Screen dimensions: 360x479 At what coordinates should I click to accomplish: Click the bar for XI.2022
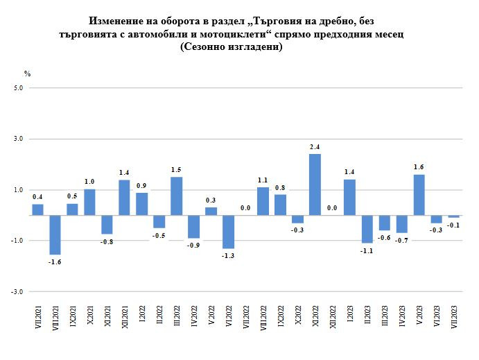coord(315,185)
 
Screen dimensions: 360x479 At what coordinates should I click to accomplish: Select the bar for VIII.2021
coord(55,235)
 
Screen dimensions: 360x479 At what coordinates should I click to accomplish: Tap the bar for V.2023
coord(419,195)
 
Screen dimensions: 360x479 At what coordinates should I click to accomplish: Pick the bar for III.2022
coord(176,196)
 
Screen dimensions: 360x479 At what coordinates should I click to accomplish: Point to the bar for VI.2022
coord(228,232)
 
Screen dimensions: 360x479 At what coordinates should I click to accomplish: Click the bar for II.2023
coord(367,229)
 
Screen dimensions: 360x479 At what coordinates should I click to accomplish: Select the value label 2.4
coord(315,147)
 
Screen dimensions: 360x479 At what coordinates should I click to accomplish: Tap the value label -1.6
coord(55,262)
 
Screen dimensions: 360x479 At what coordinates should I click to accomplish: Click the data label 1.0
coord(89,182)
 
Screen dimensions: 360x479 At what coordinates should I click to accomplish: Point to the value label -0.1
coord(453,225)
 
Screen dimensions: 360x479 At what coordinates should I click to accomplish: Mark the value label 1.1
coord(263,180)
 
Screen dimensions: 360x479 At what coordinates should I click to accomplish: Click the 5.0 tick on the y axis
coord(18,88)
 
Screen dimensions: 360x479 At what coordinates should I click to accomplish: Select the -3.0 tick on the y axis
coord(17,291)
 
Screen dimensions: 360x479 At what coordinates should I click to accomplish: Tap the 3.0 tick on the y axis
coord(18,139)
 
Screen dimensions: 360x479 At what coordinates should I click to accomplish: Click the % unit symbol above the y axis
coord(28,73)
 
